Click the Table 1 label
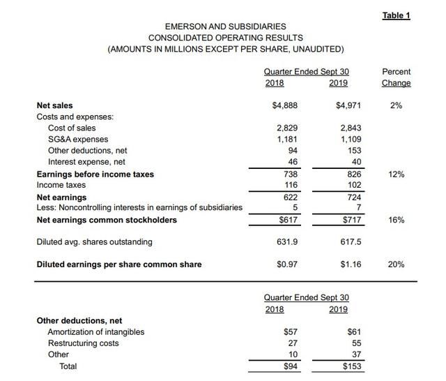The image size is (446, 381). (397, 16)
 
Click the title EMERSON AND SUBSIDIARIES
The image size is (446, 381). (226, 27)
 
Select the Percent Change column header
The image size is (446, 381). (397, 77)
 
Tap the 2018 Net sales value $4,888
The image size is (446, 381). (285, 105)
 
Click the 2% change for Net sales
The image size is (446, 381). (397, 105)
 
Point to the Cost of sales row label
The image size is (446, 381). (72, 128)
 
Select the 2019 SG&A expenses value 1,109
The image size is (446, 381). (351, 140)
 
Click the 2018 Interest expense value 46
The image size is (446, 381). (292, 162)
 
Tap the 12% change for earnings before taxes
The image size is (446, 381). (397, 174)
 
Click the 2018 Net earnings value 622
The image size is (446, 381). (290, 197)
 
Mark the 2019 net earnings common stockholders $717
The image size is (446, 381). (351, 221)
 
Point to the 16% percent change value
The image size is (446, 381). (397, 221)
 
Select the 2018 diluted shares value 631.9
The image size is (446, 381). (288, 242)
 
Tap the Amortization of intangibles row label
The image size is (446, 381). (96, 332)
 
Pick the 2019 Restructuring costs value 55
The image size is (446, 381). (356, 343)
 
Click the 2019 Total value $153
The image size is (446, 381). (351, 366)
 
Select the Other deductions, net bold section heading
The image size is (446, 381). (79, 320)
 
